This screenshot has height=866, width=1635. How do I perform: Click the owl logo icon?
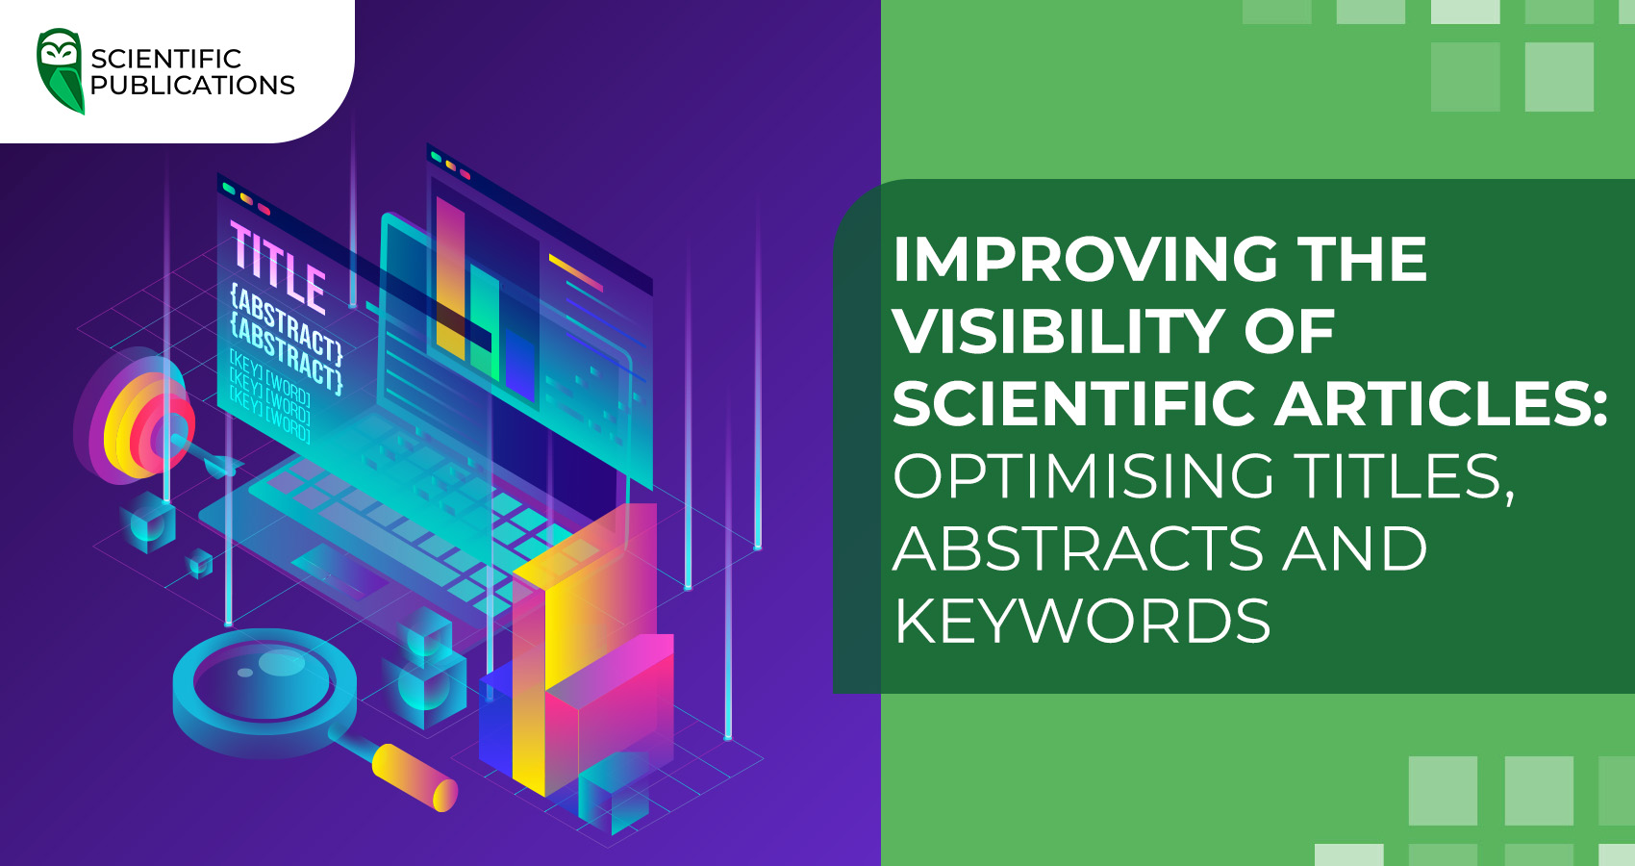(x=60, y=70)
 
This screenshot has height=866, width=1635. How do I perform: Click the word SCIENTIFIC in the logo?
(x=165, y=59)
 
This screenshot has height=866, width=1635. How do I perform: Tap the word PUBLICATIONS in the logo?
(x=192, y=86)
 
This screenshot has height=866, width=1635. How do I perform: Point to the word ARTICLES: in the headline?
(x=1442, y=403)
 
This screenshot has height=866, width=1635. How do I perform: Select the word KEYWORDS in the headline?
(x=1082, y=621)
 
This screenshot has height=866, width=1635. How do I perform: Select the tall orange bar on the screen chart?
(x=450, y=279)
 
